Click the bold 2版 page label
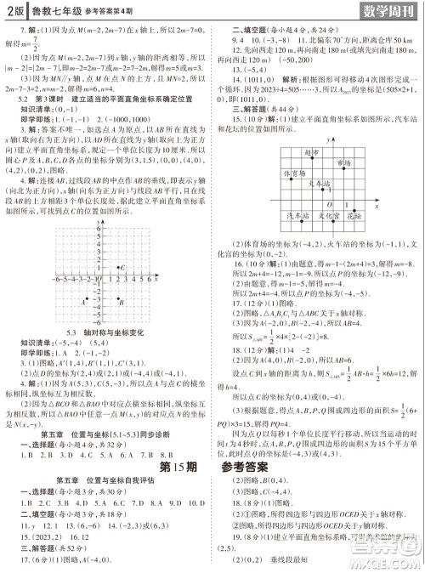[x=16, y=12]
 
